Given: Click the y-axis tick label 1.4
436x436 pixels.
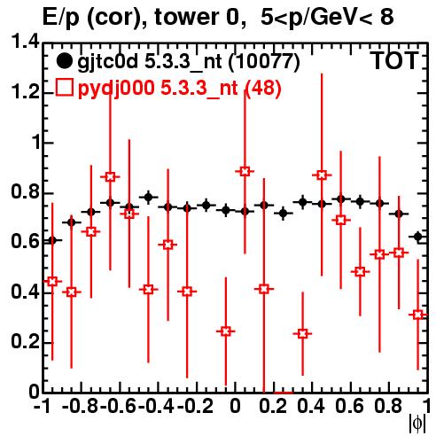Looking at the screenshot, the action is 25,42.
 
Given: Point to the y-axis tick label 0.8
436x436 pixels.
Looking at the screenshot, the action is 25,192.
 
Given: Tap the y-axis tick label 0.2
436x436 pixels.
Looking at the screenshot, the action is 25,342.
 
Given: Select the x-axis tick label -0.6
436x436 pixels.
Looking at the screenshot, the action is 118,406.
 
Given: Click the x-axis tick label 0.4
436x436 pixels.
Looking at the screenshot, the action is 311,406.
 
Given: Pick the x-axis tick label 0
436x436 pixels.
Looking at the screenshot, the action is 235,406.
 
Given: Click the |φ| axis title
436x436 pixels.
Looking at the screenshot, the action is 417,424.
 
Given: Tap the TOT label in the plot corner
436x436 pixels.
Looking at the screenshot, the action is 394,61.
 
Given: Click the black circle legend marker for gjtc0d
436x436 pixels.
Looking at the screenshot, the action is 64,61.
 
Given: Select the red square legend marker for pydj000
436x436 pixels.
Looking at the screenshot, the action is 64,88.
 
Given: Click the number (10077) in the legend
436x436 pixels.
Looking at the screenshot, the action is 264,61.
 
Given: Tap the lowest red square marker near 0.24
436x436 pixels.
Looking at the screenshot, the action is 302,334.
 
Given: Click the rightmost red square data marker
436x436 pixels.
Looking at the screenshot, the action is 417,315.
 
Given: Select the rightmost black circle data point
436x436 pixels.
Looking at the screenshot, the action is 417,237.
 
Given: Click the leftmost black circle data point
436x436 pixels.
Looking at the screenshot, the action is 52,240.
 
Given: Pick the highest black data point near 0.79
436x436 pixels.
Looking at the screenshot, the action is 148,197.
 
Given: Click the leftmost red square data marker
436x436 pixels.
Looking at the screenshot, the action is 52,281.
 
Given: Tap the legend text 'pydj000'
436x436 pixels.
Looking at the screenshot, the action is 116,88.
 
